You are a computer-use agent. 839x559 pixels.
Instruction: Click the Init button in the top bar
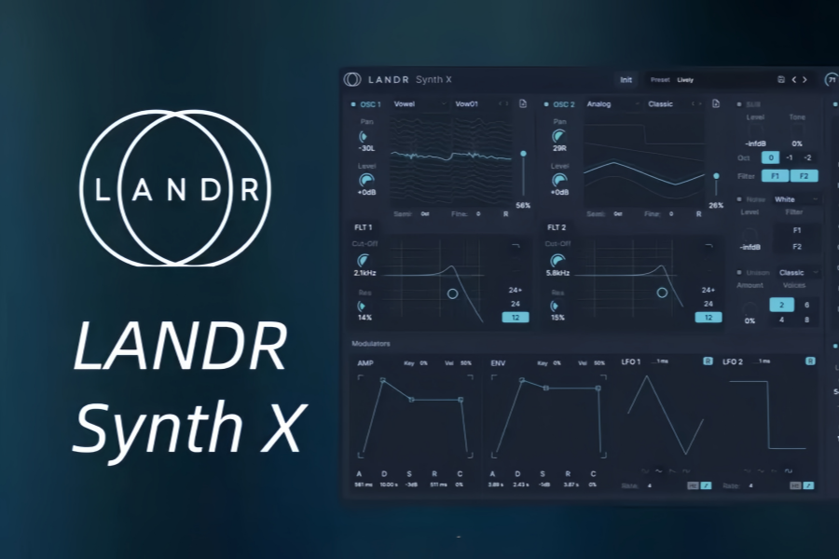(x=626, y=80)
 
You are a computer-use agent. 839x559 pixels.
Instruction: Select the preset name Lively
(x=685, y=80)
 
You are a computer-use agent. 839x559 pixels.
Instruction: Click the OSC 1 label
(x=370, y=104)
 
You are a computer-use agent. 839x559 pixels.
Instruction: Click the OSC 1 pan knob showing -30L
(x=365, y=136)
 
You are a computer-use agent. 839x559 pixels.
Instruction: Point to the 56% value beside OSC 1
(x=523, y=205)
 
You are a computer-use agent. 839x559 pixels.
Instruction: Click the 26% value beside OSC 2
(x=716, y=205)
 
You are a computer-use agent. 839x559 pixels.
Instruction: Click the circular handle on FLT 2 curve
(x=662, y=293)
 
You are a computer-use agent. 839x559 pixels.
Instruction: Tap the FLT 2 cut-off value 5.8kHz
(x=557, y=273)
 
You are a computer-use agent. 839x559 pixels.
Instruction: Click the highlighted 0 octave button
(x=770, y=157)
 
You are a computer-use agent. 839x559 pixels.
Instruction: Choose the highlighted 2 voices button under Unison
(x=781, y=305)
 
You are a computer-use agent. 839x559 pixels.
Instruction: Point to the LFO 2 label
(x=733, y=361)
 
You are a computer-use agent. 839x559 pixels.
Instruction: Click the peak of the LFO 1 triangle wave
(x=662, y=377)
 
